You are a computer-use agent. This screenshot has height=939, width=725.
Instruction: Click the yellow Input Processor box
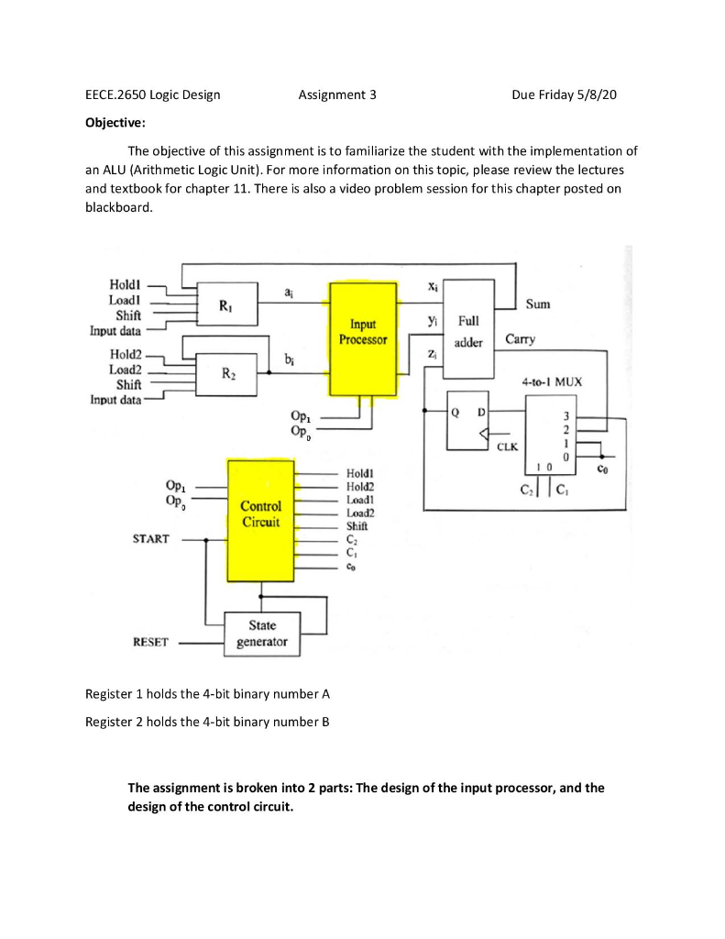[x=364, y=338]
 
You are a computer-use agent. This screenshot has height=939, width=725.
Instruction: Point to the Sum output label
[x=538, y=304]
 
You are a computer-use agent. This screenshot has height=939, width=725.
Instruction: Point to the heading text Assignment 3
[x=337, y=94]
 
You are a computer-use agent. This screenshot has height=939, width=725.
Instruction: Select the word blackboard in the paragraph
[x=115, y=208]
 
